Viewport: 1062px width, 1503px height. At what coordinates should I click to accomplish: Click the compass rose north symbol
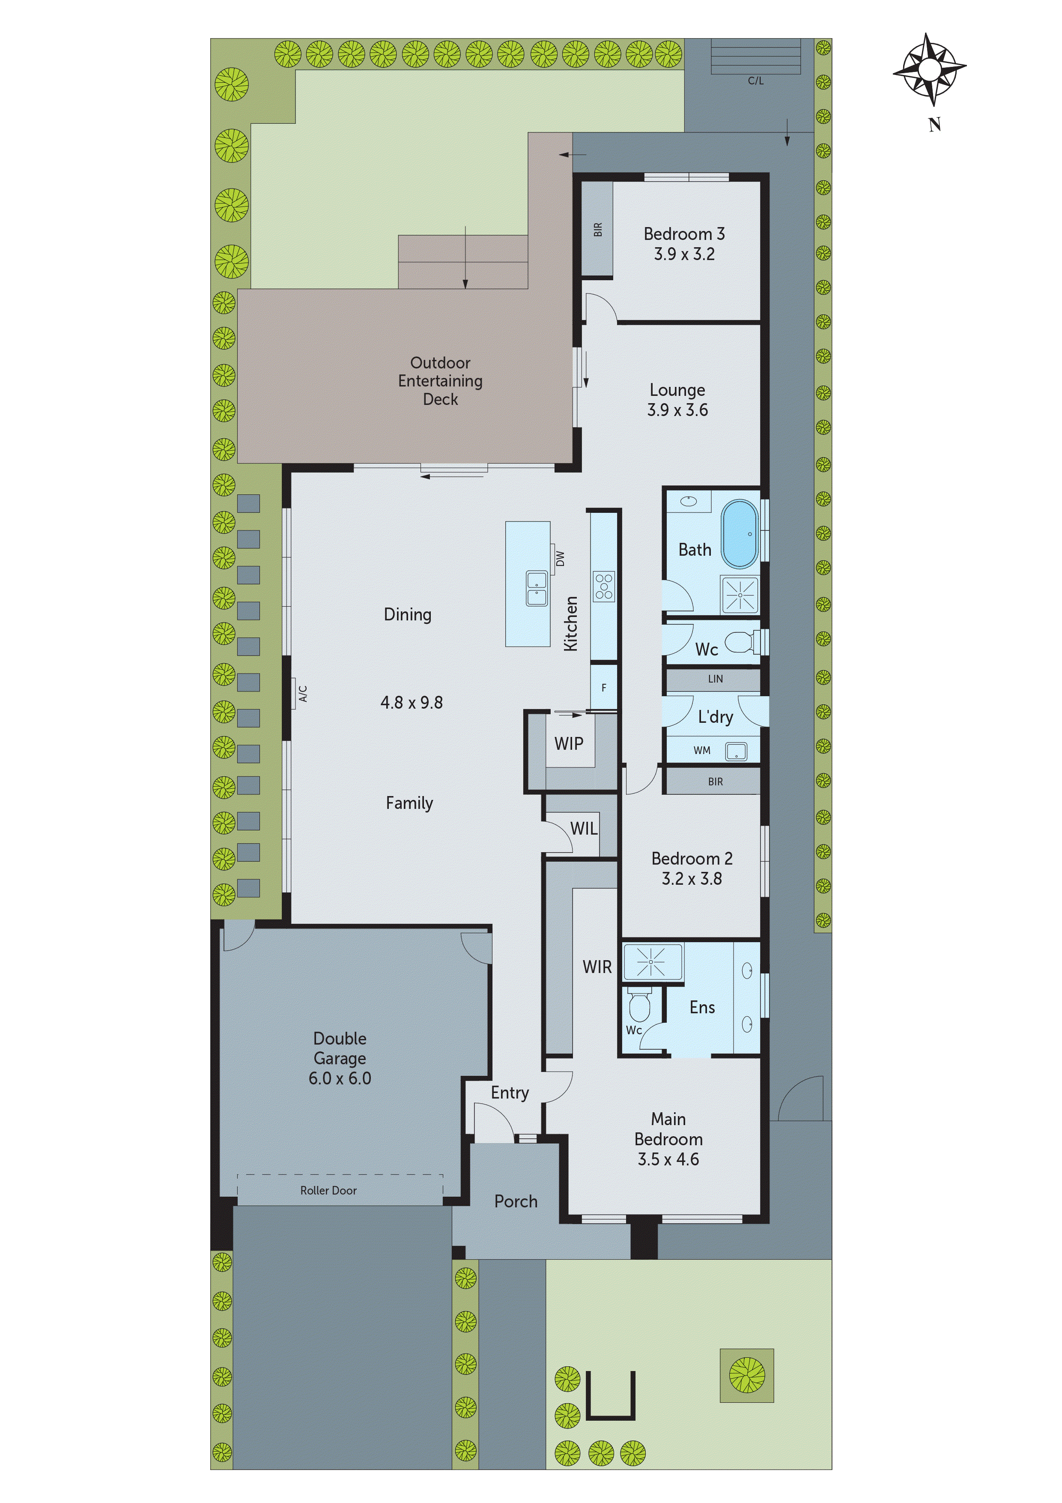pos(930,69)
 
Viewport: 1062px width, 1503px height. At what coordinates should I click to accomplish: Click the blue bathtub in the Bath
pos(740,535)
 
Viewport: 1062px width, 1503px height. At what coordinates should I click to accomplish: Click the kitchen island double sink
pos(537,588)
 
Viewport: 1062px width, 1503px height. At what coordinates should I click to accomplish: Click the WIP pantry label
pos(569,744)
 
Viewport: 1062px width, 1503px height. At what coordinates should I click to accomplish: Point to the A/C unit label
pos(303,693)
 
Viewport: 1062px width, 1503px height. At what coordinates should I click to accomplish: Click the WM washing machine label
pos(701,751)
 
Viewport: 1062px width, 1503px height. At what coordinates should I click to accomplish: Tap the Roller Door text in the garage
pos(328,1191)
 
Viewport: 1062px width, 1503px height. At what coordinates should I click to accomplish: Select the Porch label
pos(516,1202)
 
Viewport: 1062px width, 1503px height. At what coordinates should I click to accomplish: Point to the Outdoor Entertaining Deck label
pos(440,381)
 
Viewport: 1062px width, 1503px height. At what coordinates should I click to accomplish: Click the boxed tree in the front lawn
pos(746,1375)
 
